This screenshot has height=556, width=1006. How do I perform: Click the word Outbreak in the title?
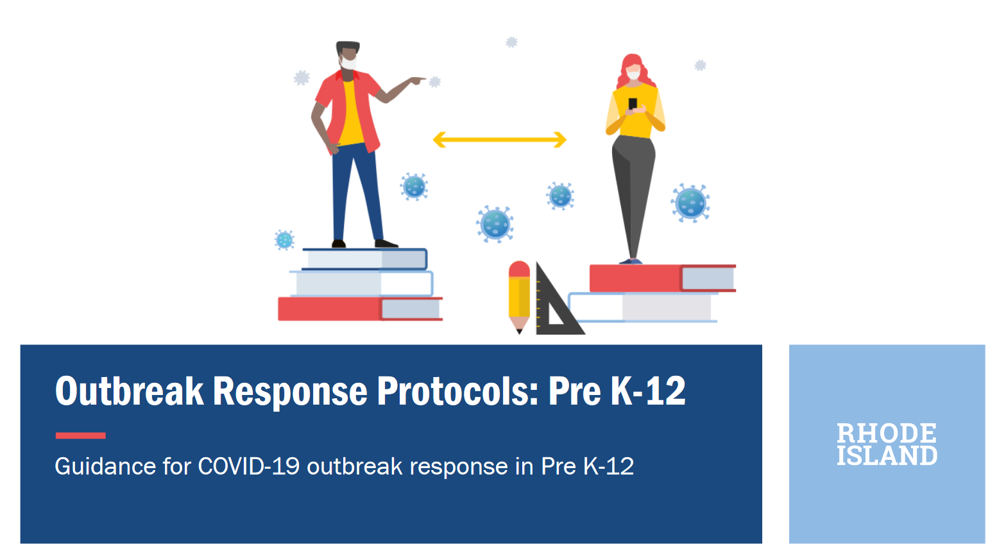[129, 391]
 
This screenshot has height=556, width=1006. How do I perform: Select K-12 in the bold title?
[647, 391]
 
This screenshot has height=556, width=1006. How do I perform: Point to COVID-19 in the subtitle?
[248, 466]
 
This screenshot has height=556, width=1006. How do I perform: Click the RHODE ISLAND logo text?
[887, 444]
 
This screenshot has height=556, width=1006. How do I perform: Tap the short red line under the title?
[80, 435]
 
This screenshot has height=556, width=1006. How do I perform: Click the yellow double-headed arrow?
[499, 139]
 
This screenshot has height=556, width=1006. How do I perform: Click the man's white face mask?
[348, 63]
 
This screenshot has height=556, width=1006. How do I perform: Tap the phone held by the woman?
[633, 104]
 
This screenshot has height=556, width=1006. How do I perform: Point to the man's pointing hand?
[417, 80]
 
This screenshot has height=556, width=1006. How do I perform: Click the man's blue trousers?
[354, 192]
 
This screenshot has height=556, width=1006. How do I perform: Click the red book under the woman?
[661, 278]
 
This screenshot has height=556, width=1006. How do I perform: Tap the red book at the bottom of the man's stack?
[359, 308]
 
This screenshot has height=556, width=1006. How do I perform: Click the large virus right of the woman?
[690, 203]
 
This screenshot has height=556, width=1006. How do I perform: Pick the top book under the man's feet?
[364, 259]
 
